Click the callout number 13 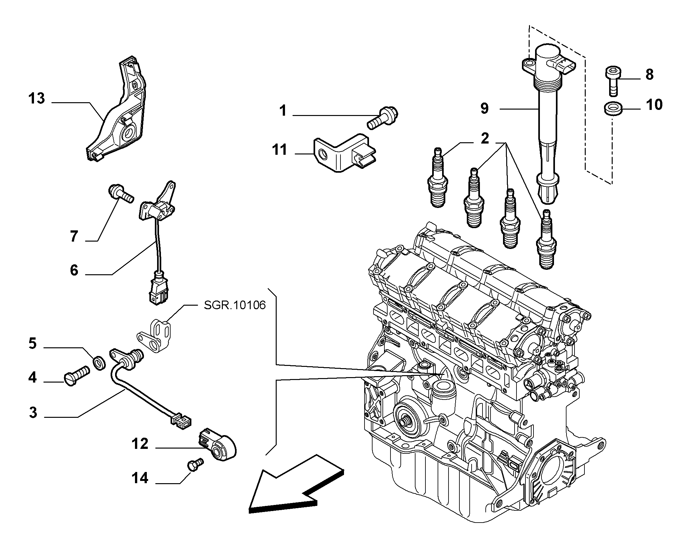(37, 98)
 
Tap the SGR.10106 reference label (235, 305)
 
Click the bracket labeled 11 (345, 153)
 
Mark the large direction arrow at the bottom (297, 490)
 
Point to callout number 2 (485, 138)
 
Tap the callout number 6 (74, 270)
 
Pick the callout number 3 (33, 413)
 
